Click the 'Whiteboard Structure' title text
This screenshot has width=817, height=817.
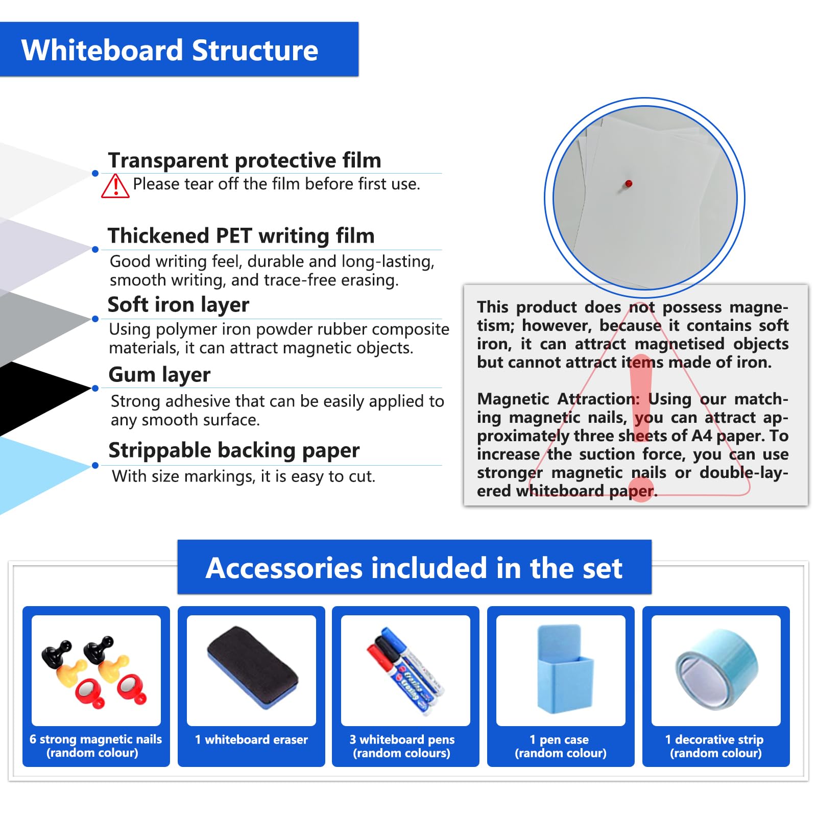coord(170,51)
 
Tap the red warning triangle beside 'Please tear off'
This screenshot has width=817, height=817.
coord(115,186)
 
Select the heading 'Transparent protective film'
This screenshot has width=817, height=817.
coord(245,160)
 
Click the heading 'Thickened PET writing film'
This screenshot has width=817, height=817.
coord(241,236)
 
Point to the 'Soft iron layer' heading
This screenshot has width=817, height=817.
coord(178,305)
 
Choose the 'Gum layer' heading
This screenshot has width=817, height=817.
coord(159,375)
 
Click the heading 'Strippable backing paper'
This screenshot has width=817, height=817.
coord(234,450)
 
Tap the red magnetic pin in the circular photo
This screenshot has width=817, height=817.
coord(629,183)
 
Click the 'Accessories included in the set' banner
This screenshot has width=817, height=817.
coord(414,568)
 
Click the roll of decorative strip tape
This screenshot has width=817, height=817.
coord(716,669)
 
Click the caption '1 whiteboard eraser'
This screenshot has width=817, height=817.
coord(251,739)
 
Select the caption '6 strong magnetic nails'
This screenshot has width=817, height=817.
coord(95,739)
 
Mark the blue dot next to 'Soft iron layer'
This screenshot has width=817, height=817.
coord(95,319)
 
